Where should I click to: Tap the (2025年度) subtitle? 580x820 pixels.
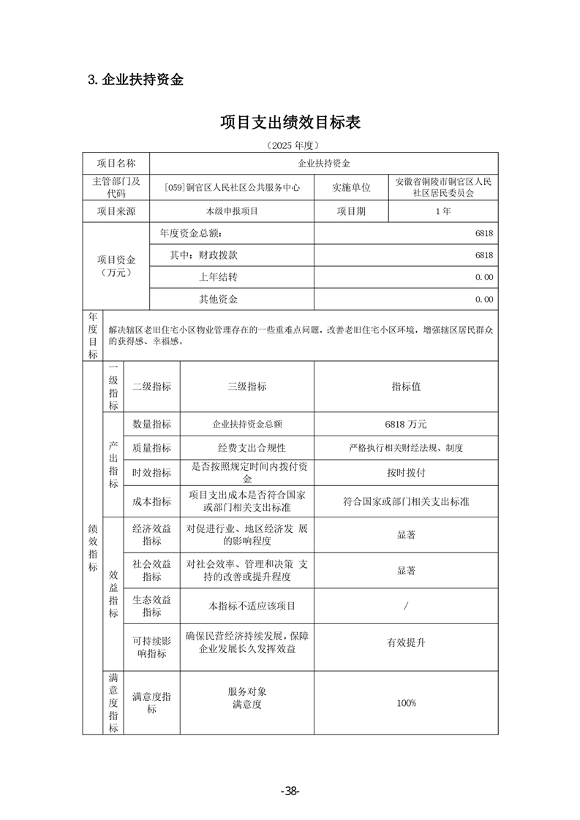click(x=290, y=145)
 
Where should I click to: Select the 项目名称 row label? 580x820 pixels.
click(x=116, y=164)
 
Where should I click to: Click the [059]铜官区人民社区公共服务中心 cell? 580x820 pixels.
click(x=232, y=187)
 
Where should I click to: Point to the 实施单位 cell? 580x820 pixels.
click(x=351, y=187)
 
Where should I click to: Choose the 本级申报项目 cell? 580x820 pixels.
click(x=232, y=211)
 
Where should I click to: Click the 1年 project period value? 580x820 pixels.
click(x=442, y=211)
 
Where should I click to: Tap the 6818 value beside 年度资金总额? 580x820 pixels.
click(x=483, y=233)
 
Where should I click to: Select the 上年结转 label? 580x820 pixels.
click(x=218, y=277)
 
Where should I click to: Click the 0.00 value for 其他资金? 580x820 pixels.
click(x=483, y=299)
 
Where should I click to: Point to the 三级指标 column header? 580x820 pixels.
click(x=247, y=387)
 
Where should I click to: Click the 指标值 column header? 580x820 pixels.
click(x=406, y=387)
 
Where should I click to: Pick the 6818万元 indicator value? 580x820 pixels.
click(x=406, y=424)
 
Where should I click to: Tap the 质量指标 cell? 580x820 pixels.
click(x=152, y=448)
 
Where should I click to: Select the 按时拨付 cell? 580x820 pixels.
click(x=406, y=473)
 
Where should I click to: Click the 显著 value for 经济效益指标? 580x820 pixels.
click(x=406, y=535)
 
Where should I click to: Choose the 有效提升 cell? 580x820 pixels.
click(x=406, y=643)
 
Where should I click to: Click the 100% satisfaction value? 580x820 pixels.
click(x=406, y=703)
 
